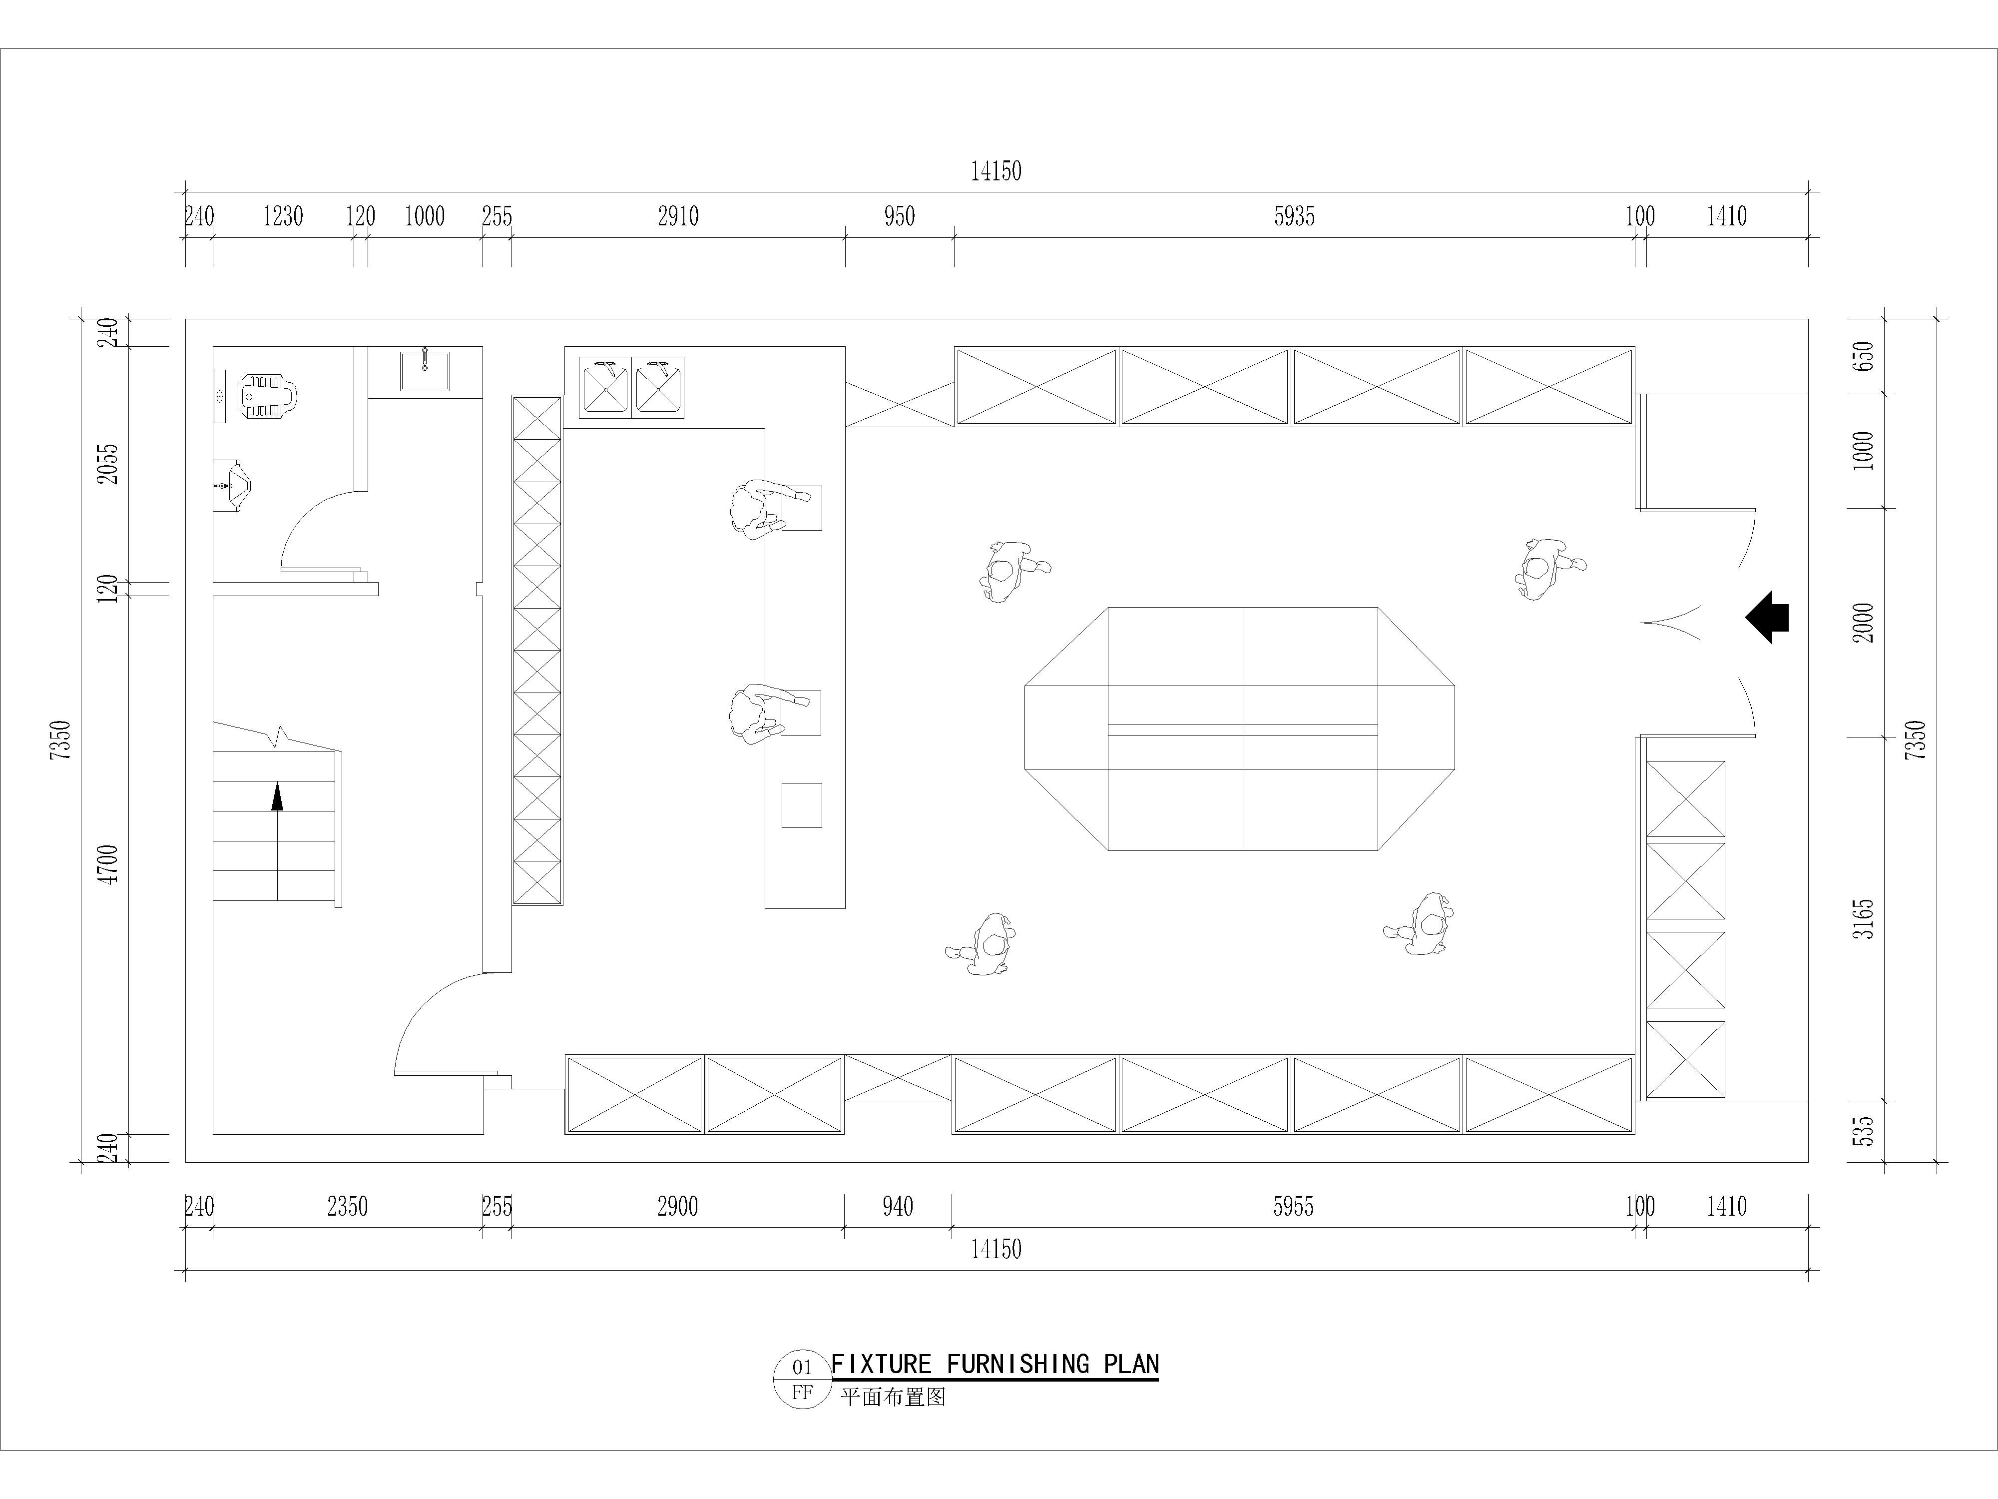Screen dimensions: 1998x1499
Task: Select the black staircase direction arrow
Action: coord(277,797)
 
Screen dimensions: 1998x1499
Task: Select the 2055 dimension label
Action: coord(108,464)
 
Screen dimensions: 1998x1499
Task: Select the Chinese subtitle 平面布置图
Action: coord(893,1397)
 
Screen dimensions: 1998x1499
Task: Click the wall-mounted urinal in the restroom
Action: coord(233,485)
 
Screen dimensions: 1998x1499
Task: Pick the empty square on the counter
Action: coord(801,805)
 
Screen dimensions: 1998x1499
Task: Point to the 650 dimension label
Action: coord(1864,356)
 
